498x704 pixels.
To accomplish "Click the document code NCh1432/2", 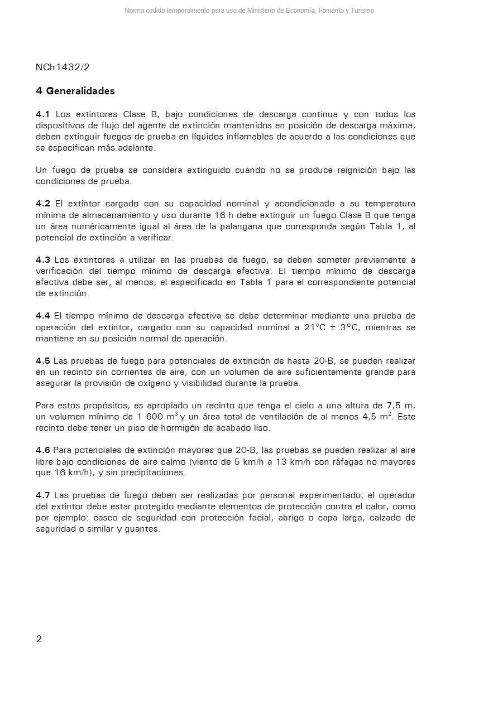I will (63, 67).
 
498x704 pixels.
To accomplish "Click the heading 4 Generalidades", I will (75, 91).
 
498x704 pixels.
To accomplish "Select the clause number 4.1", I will (43, 114).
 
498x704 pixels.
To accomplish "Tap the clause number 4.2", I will (43, 204).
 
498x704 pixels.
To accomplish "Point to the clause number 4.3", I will (43, 260).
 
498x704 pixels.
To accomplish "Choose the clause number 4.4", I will (43, 316).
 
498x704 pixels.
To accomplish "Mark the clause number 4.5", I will (43, 361).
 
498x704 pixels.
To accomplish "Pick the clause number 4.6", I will (43, 450).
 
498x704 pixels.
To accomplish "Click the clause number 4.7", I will (43, 495).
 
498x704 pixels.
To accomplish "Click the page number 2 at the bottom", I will (39, 639).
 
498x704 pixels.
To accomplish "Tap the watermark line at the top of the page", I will (249, 11).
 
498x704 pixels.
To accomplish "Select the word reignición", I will (357, 170).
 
